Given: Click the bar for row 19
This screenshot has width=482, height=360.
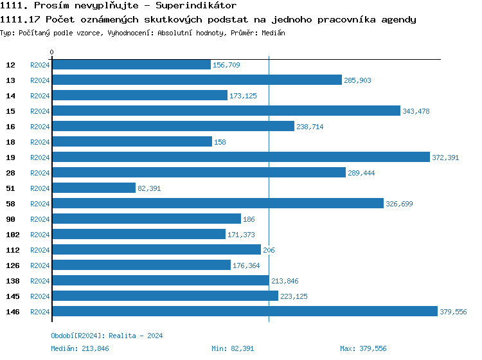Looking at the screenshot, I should (x=240, y=157).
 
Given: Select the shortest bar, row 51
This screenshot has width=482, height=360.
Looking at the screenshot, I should (x=94, y=188).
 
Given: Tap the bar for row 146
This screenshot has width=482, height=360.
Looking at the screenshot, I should (x=244, y=311).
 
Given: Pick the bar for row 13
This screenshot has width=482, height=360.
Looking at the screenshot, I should (x=197, y=80).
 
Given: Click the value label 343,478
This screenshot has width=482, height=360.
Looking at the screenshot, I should (x=416, y=111).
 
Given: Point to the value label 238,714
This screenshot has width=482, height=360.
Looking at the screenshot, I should (x=310, y=127).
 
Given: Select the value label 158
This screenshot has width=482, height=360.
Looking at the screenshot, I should (x=220, y=142).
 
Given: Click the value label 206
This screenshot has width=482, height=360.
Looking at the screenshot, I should (x=269, y=250).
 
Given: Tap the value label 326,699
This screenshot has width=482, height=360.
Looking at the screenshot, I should (x=399, y=204).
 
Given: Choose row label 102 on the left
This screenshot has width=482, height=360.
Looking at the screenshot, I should (x=13, y=235).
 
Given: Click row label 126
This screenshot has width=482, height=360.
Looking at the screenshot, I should (x=13, y=265).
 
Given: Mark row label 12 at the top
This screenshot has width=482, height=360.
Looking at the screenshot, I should (x=11, y=65).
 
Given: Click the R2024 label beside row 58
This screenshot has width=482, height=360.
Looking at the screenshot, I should (x=40, y=204).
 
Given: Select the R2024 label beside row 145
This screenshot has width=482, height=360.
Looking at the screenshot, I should (x=40, y=296).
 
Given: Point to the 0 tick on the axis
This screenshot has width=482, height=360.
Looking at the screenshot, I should (x=52, y=52).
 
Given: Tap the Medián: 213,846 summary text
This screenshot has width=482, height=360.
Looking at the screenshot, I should (x=80, y=348).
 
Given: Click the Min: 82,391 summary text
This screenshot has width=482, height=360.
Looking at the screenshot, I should (x=233, y=348).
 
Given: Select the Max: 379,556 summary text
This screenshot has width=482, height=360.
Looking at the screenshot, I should (x=363, y=348).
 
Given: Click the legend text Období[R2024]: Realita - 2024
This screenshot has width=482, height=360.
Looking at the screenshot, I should (x=107, y=336).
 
